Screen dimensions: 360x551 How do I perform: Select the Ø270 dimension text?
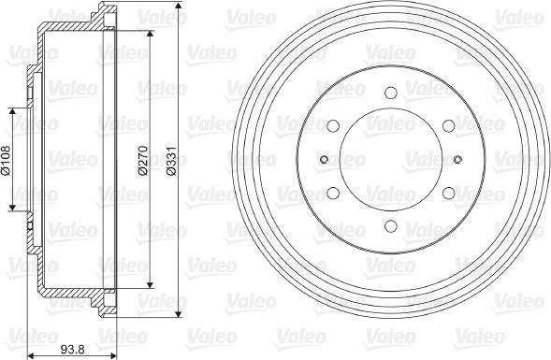pyautogui.click(x=142, y=160)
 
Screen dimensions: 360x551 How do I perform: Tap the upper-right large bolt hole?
pyautogui.click(x=448, y=126)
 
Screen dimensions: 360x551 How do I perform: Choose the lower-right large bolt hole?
pyautogui.click(x=448, y=194)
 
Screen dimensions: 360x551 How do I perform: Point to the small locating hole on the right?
pyautogui.click(x=457, y=160)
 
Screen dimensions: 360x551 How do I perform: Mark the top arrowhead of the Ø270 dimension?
pyautogui.click(x=151, y=34)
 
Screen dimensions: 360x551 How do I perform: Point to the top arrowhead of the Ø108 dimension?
pyautogui.click(x=13, y=110)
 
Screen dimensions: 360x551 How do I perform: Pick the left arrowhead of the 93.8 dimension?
pyautogui.click(x=31, y=354)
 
